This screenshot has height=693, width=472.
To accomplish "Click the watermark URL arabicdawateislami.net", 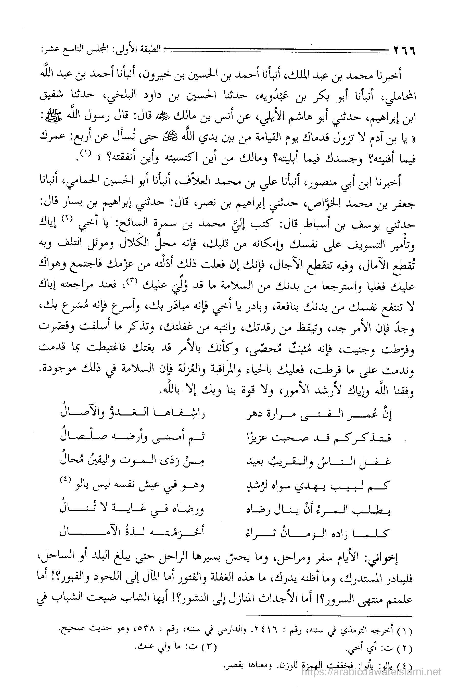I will (x=371, y=678).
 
